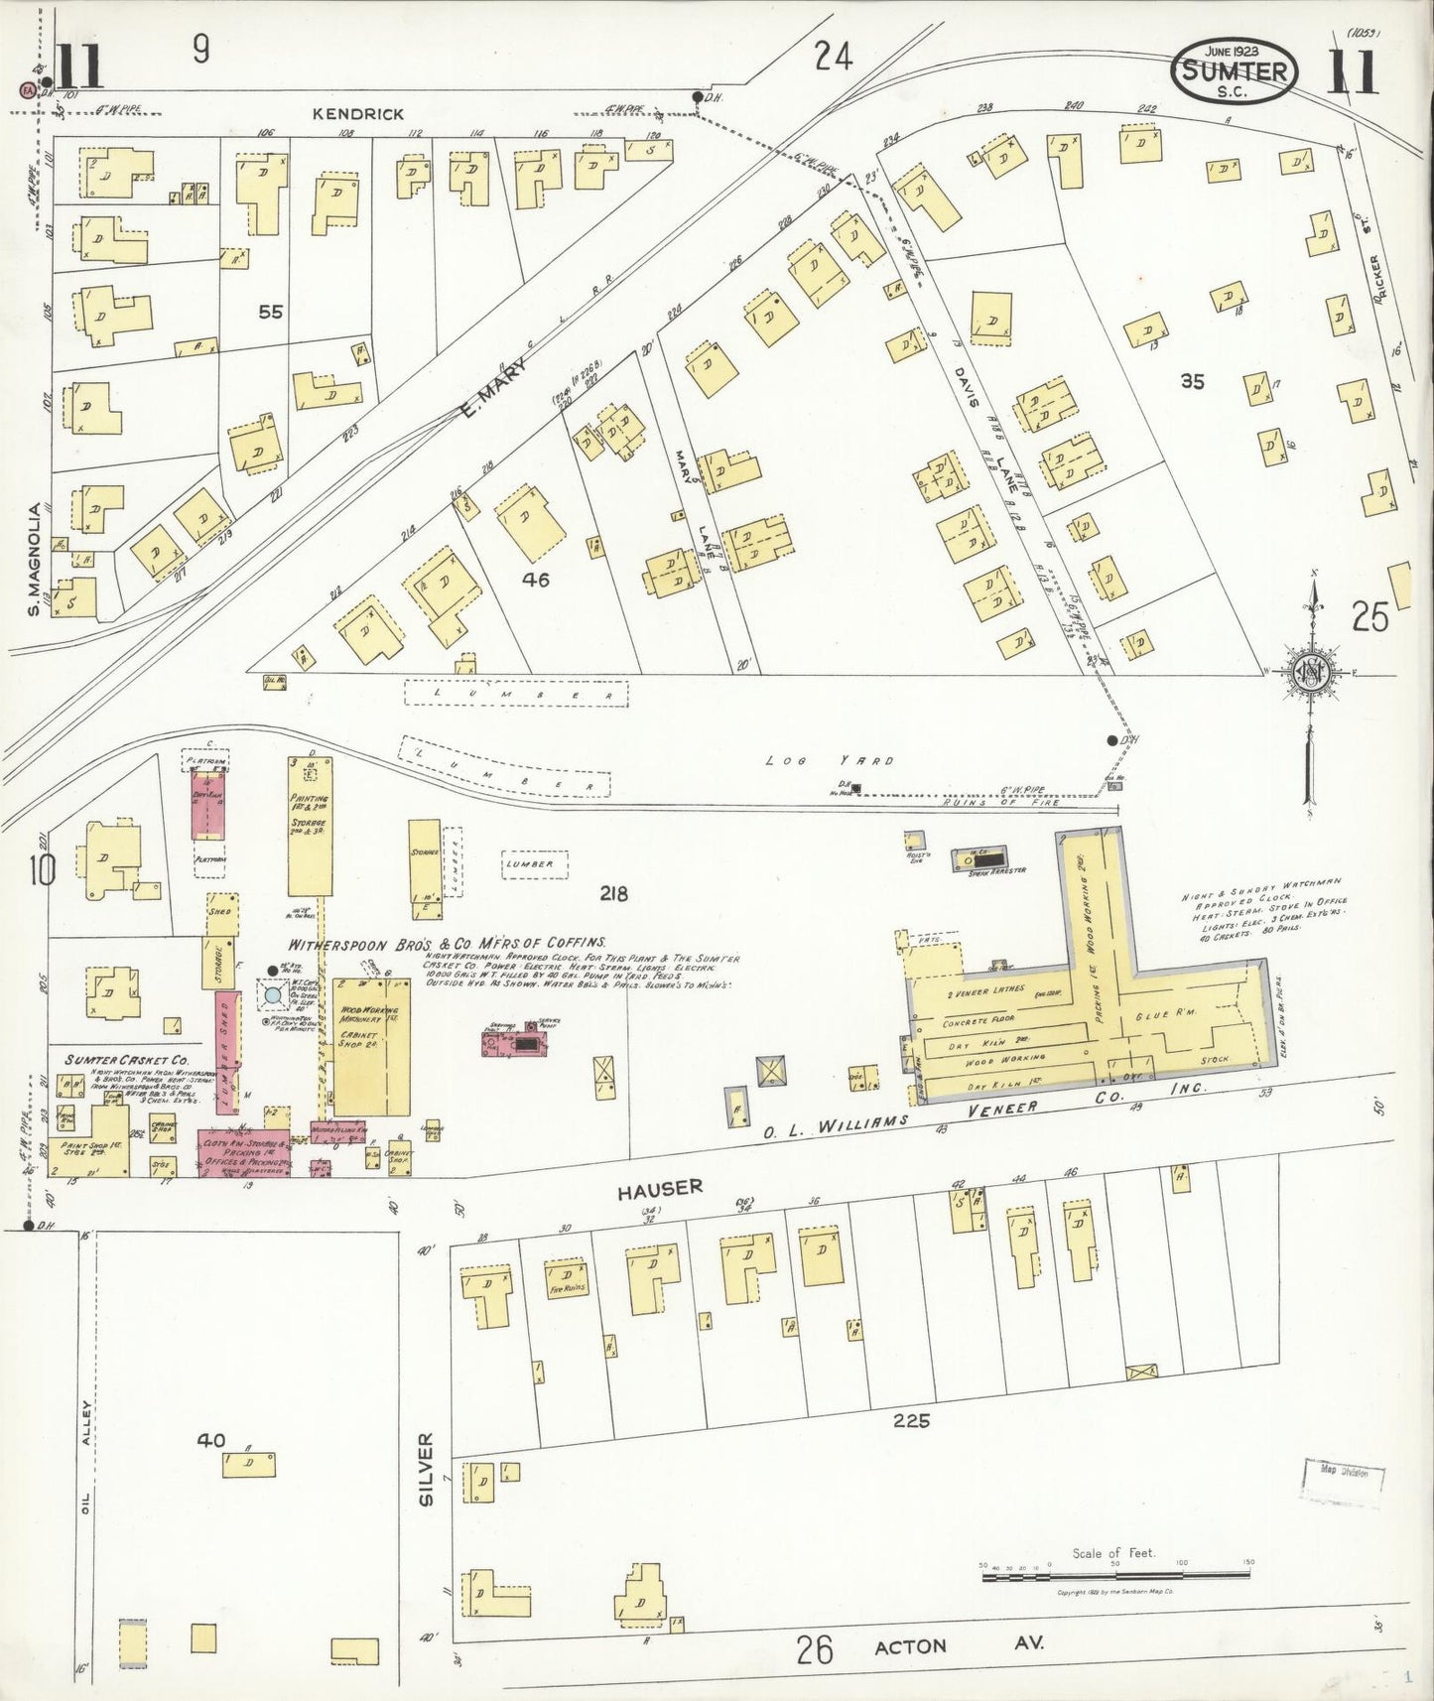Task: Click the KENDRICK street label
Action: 357,114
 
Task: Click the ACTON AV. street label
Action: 959,1645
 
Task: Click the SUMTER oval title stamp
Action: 1235,71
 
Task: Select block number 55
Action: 270,312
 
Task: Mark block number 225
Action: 910,1421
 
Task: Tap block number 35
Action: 1192,381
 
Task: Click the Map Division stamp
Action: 1343,1473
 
